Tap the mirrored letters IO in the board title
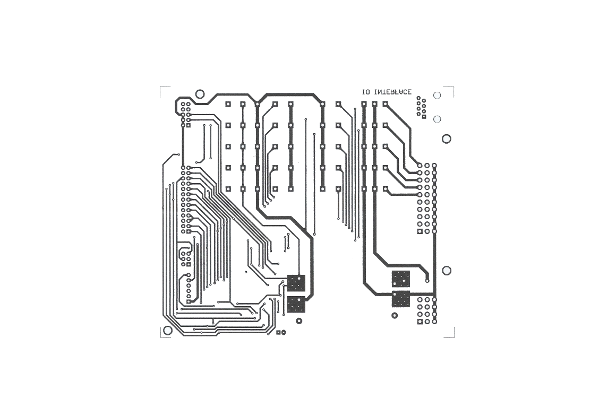366,92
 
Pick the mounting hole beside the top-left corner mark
200,94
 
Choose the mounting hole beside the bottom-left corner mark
168,330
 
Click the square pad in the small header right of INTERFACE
424,117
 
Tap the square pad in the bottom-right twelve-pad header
420,322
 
